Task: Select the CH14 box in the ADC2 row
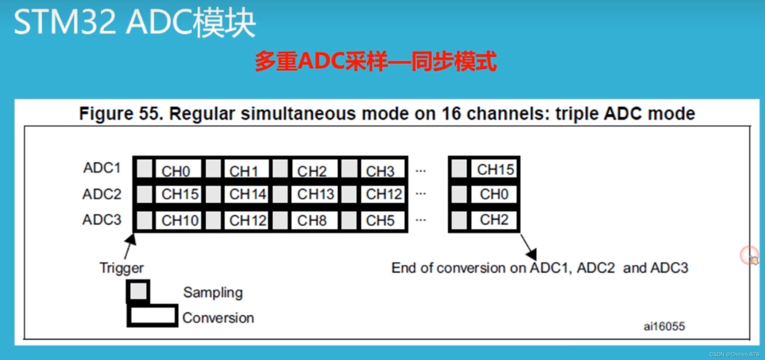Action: coord(247,194)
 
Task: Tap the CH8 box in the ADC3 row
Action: coord(314,220)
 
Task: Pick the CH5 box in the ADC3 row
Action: coord(382,220)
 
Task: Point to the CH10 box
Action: coord(178,220)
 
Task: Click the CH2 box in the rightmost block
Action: coord(494,220)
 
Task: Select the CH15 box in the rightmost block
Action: coord(494,169)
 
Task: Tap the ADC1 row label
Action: coord(102,168)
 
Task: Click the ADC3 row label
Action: coord(102,220)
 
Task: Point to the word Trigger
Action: coord(121,268)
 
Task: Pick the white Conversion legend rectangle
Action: coord(153,316)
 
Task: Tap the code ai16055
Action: coord(664,326)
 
